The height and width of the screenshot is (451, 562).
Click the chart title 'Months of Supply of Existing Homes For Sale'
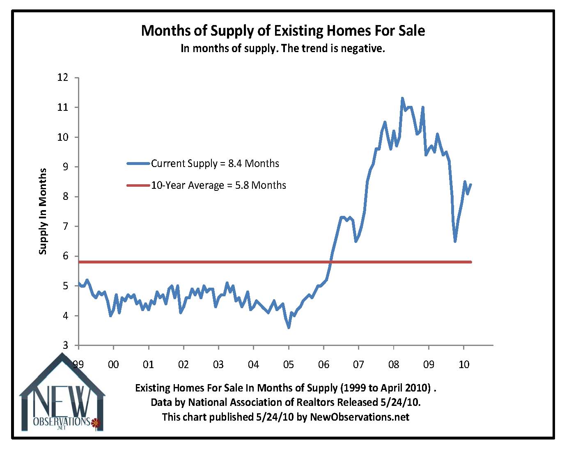click(x=283, y=31)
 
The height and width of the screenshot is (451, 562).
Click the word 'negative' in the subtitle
click(x=364, y=48)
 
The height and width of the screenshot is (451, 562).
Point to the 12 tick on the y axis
click(x=63, y=78)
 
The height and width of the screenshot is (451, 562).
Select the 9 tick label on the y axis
click(x=65, y=167)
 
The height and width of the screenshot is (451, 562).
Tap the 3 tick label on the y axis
click(x=65, y=346)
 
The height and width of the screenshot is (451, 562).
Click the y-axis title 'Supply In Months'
click(x=43, y=211)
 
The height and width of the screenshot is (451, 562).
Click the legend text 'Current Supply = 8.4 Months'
click(x=215, y=163)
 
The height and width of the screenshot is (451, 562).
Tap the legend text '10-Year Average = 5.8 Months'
click(x=218, y=185)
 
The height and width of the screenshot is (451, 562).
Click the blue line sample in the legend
click(x=138, y=163)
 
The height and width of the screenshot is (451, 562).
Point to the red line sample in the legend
click(x=138, y=185)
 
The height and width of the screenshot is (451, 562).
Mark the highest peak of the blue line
click(x=402, y=98)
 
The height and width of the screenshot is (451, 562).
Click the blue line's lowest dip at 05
click(x=289, y=327)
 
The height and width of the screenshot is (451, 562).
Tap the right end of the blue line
click(x=470, y=185)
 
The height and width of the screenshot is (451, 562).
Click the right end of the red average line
click(x=470, y=262)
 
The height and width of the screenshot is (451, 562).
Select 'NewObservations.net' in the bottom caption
click(x=360, y=417)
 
